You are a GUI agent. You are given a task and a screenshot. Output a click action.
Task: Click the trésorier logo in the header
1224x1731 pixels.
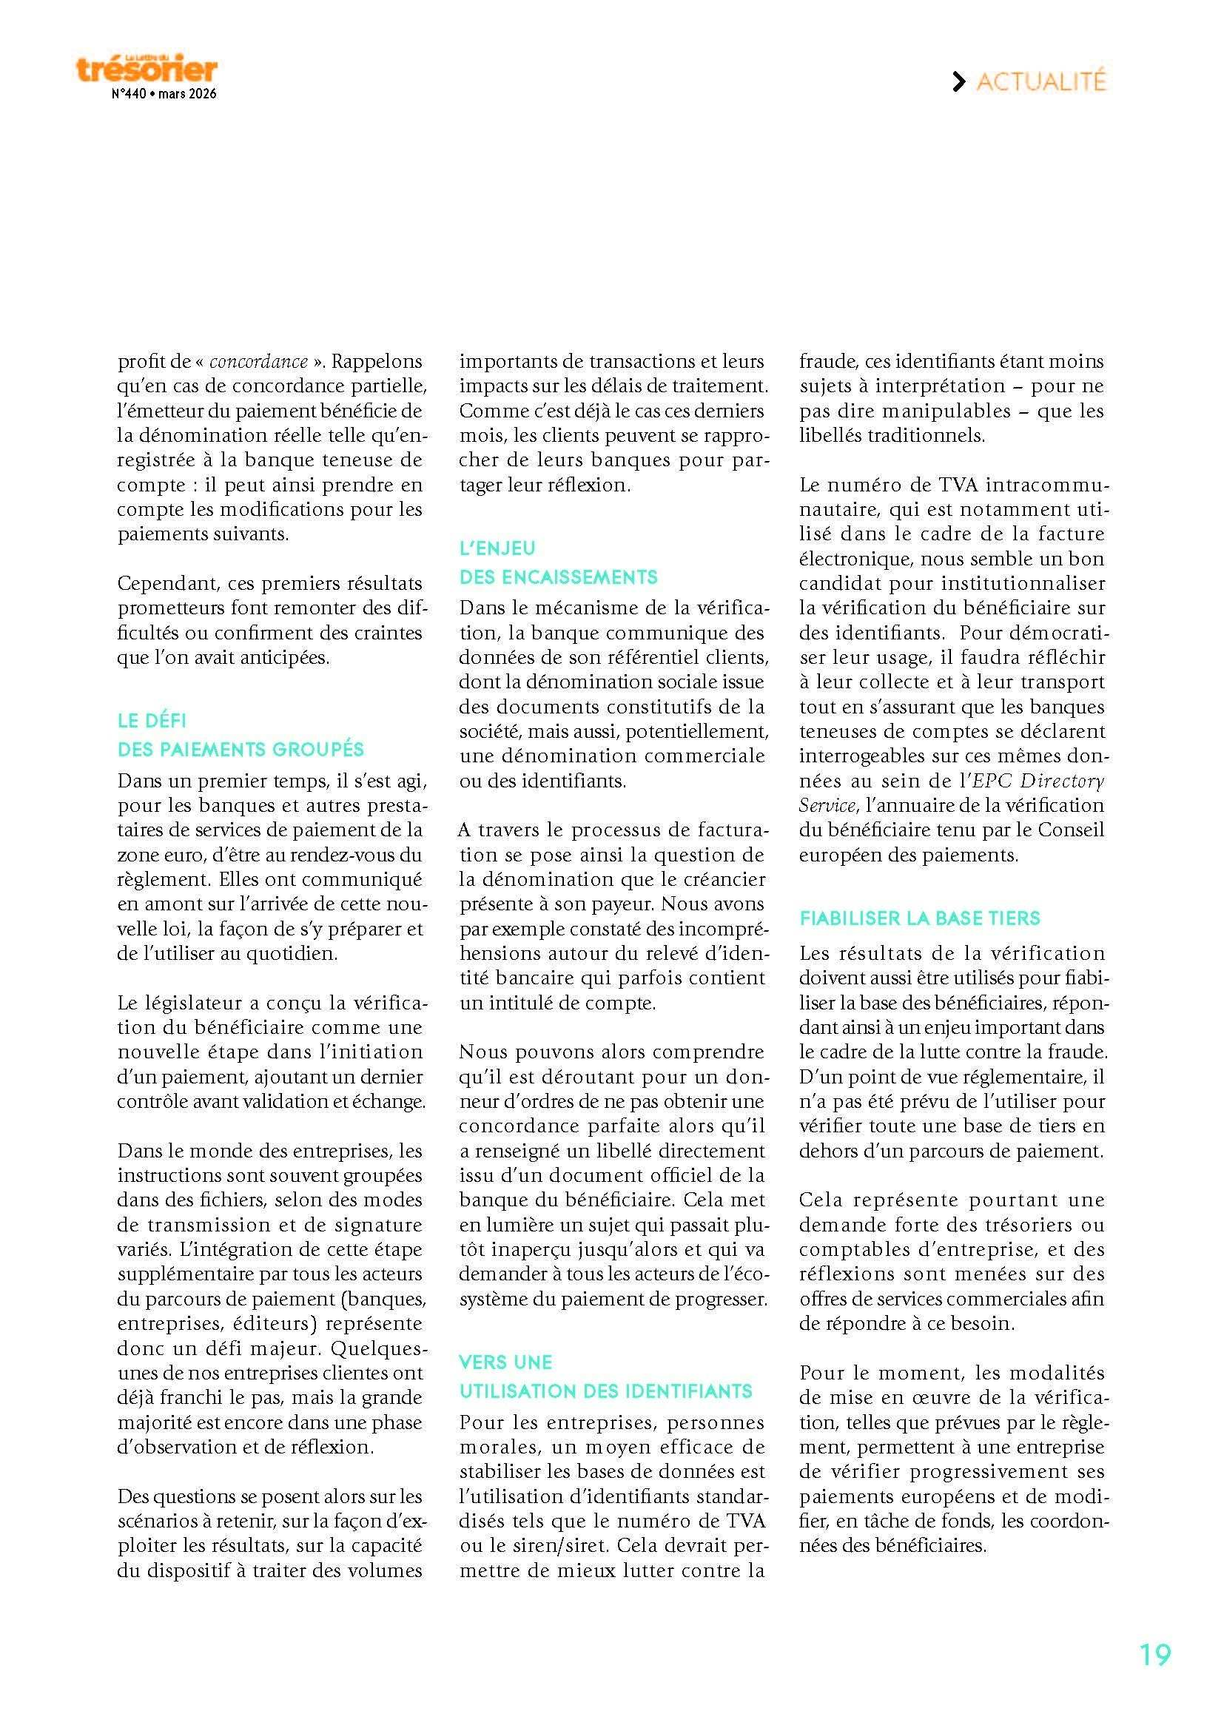click(x=147, y=69)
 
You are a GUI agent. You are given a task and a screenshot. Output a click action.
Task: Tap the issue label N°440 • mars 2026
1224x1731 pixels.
click(x=164, y=95)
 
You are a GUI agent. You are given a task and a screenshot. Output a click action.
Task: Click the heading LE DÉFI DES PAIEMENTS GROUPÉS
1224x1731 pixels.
click(x=241, y=735)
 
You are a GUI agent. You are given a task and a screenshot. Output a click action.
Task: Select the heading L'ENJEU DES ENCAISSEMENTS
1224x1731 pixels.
click(x=559, y=562)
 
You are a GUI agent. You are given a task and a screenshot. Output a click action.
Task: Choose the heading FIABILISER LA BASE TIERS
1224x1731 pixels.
click(x=920, y=918)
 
